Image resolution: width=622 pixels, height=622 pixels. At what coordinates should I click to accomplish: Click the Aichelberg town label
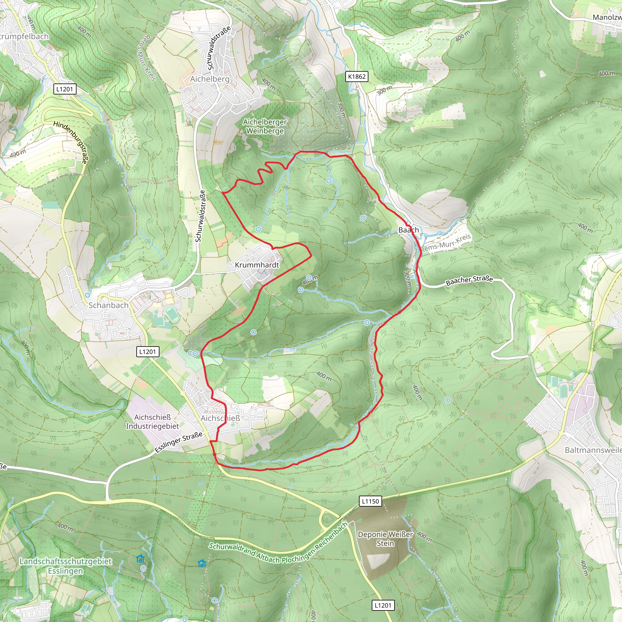pos(210,79)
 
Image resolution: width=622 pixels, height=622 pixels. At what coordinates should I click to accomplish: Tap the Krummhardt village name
pos(257,265)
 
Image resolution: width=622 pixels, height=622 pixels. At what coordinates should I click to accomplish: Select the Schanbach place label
pos(108,305)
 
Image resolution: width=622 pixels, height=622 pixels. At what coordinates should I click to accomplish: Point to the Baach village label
pos(408,230)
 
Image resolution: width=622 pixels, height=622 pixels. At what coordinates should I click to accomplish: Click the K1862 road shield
pos(357,77)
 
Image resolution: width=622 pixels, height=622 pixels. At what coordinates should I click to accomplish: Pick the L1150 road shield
pos(370,501)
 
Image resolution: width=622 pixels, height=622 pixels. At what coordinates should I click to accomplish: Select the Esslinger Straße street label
pos(179,442)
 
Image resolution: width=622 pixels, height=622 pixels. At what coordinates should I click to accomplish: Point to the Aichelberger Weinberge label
pos(265,126)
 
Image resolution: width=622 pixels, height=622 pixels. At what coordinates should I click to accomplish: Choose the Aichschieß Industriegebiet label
pos(152,422)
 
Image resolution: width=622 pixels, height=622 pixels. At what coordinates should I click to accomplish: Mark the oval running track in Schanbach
pos(172,314)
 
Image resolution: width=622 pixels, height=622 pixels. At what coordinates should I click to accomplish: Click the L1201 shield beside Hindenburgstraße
pos(65,89)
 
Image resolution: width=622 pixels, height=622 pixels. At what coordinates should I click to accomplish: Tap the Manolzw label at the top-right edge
pos(607,17)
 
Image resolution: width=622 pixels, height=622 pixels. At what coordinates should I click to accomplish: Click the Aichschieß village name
pos(220,418)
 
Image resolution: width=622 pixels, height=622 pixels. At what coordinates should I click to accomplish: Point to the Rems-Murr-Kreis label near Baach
pos(446,243)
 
